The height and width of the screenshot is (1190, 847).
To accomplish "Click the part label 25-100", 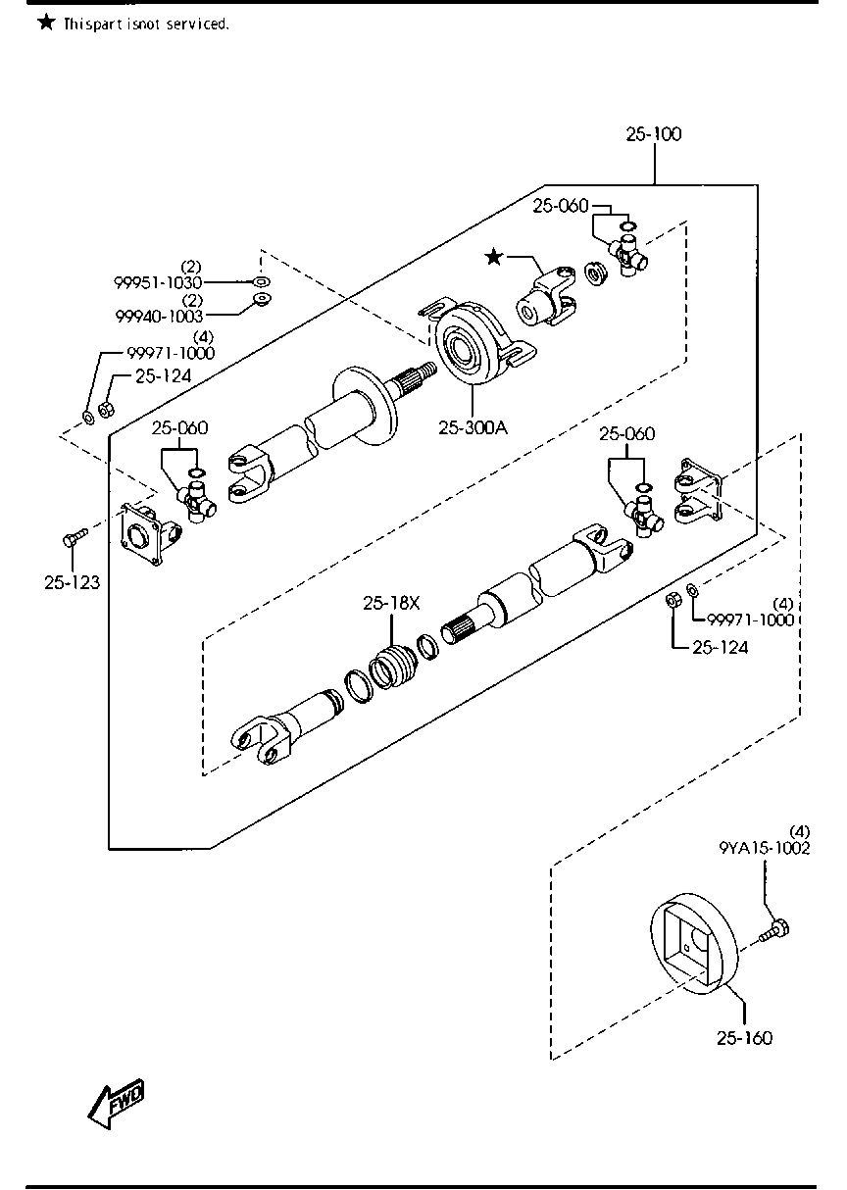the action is pos(653,134).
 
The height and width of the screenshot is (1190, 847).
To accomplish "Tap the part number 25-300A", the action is pos(473,427).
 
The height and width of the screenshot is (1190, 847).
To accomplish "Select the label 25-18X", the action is pos(391,603).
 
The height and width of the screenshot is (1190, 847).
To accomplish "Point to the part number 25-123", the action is pos(72,583).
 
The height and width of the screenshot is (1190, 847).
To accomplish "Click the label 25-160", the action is pos(744,1038).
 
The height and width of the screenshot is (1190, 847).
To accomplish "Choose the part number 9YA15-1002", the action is pos(764,848).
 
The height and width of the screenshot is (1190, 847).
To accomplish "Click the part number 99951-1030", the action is pos(158,282).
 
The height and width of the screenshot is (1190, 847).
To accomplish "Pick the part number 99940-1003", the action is pos(159,317).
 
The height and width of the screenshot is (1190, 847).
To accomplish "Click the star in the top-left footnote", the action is pos(46,23).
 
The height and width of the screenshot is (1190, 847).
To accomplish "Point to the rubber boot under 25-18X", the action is pos(390,667).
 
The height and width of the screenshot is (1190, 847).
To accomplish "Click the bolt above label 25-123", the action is pos(75,536).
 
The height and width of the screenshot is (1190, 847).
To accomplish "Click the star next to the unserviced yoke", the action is pos(494,258).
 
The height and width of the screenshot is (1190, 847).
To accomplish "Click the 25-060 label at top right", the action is pos(561,206).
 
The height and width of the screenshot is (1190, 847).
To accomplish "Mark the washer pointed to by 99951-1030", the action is pos(262,281).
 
